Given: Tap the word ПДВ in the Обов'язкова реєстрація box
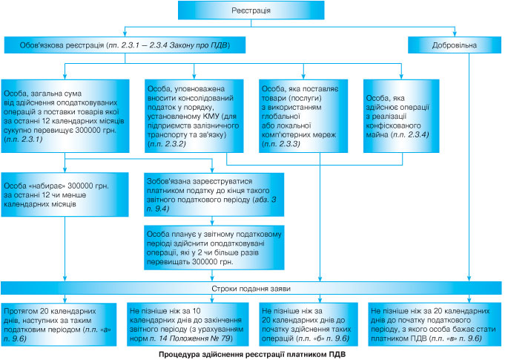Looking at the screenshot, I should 219,45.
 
